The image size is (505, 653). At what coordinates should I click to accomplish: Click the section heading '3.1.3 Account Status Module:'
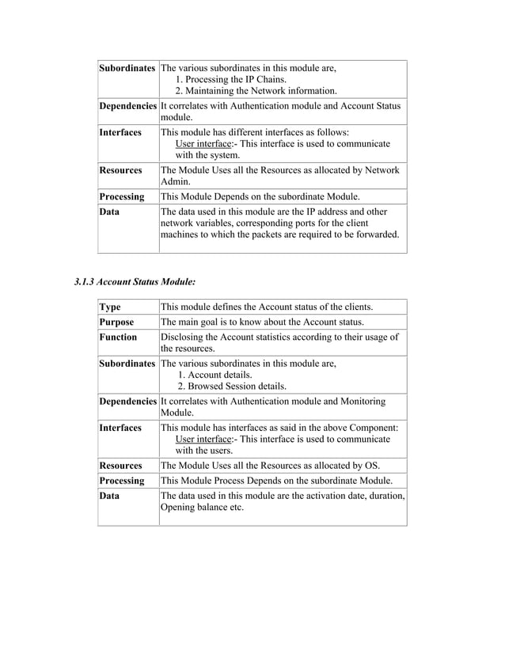pos(135,281)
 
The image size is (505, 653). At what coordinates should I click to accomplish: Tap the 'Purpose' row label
pos(116,322)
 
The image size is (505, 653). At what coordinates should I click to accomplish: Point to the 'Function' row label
pos(118,337)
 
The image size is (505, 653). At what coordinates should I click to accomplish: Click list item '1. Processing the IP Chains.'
pos(231,79)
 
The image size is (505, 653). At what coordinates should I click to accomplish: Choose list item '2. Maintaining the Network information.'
pos(256,92)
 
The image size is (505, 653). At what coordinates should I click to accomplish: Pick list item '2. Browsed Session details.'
pos(232,387)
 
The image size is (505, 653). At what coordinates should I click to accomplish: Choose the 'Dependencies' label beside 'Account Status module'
pos(127,105)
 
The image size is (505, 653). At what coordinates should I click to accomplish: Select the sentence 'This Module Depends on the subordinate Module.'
pos(260,196)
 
